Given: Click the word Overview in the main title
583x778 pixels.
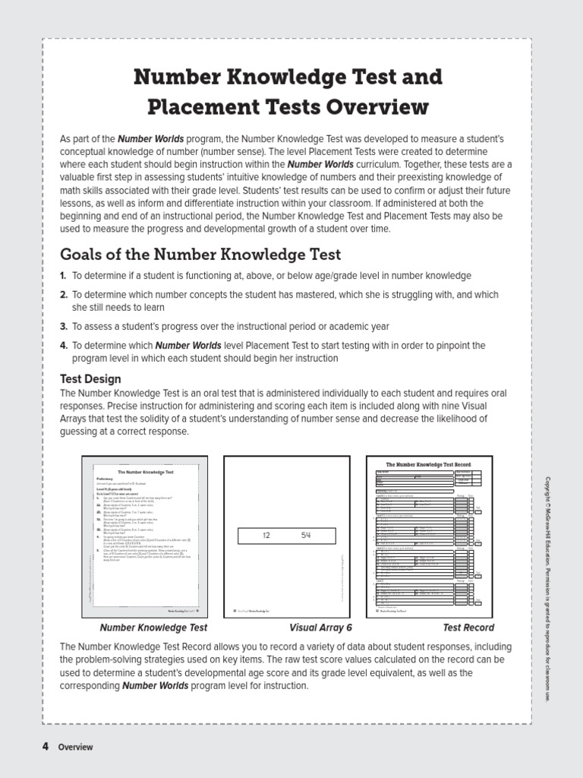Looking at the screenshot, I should point(371,107).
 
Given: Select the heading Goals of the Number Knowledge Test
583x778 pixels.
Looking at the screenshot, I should point(200,255).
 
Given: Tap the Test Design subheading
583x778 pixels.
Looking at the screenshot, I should point(90,378).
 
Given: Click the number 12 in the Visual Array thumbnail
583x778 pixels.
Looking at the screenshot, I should point(266,536).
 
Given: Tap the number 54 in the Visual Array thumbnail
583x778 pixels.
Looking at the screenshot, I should point(307,536).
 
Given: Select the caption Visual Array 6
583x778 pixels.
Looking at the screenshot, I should point(320,628).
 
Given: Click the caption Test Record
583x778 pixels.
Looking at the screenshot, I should point(468,628).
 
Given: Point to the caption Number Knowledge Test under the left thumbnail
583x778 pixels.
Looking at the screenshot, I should point(153,628).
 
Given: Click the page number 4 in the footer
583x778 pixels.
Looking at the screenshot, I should point(46,746).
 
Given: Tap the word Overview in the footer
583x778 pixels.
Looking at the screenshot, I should point(75,747).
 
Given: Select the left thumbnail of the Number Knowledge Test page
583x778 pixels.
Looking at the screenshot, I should point(142,536).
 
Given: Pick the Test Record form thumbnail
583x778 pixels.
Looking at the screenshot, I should point(429,536).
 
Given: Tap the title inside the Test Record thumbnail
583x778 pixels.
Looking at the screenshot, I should point(429,463).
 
